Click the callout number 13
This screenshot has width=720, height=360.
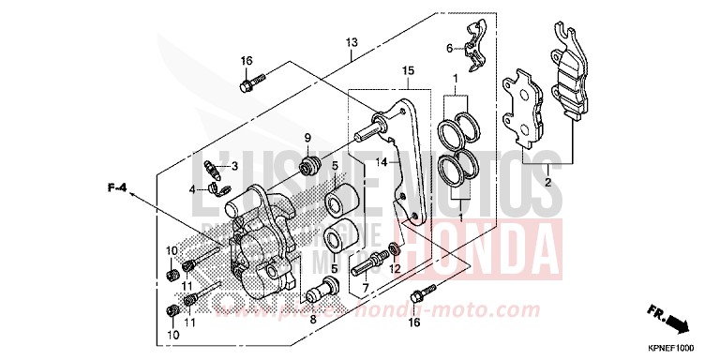point(352,43)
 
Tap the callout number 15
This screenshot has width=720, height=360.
point(408,71)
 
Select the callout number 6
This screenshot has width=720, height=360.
point(449,49)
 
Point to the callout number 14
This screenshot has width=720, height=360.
point(382,162)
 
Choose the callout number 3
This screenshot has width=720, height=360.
point(235,166)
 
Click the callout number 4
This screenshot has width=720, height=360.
point(193,188)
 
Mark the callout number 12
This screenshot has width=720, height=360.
point(395,269)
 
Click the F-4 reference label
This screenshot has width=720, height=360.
point(116,188)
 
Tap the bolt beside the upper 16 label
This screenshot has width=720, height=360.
point(251,83)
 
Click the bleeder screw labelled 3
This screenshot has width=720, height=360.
point(214,170)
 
